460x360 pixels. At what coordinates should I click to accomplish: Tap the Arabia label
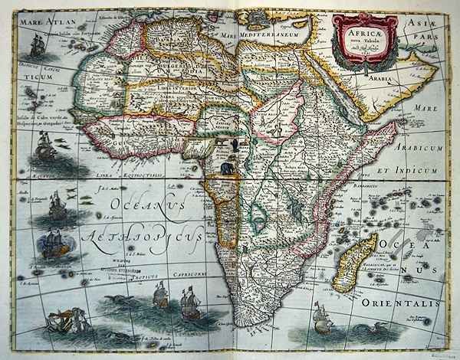(378, 77)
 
